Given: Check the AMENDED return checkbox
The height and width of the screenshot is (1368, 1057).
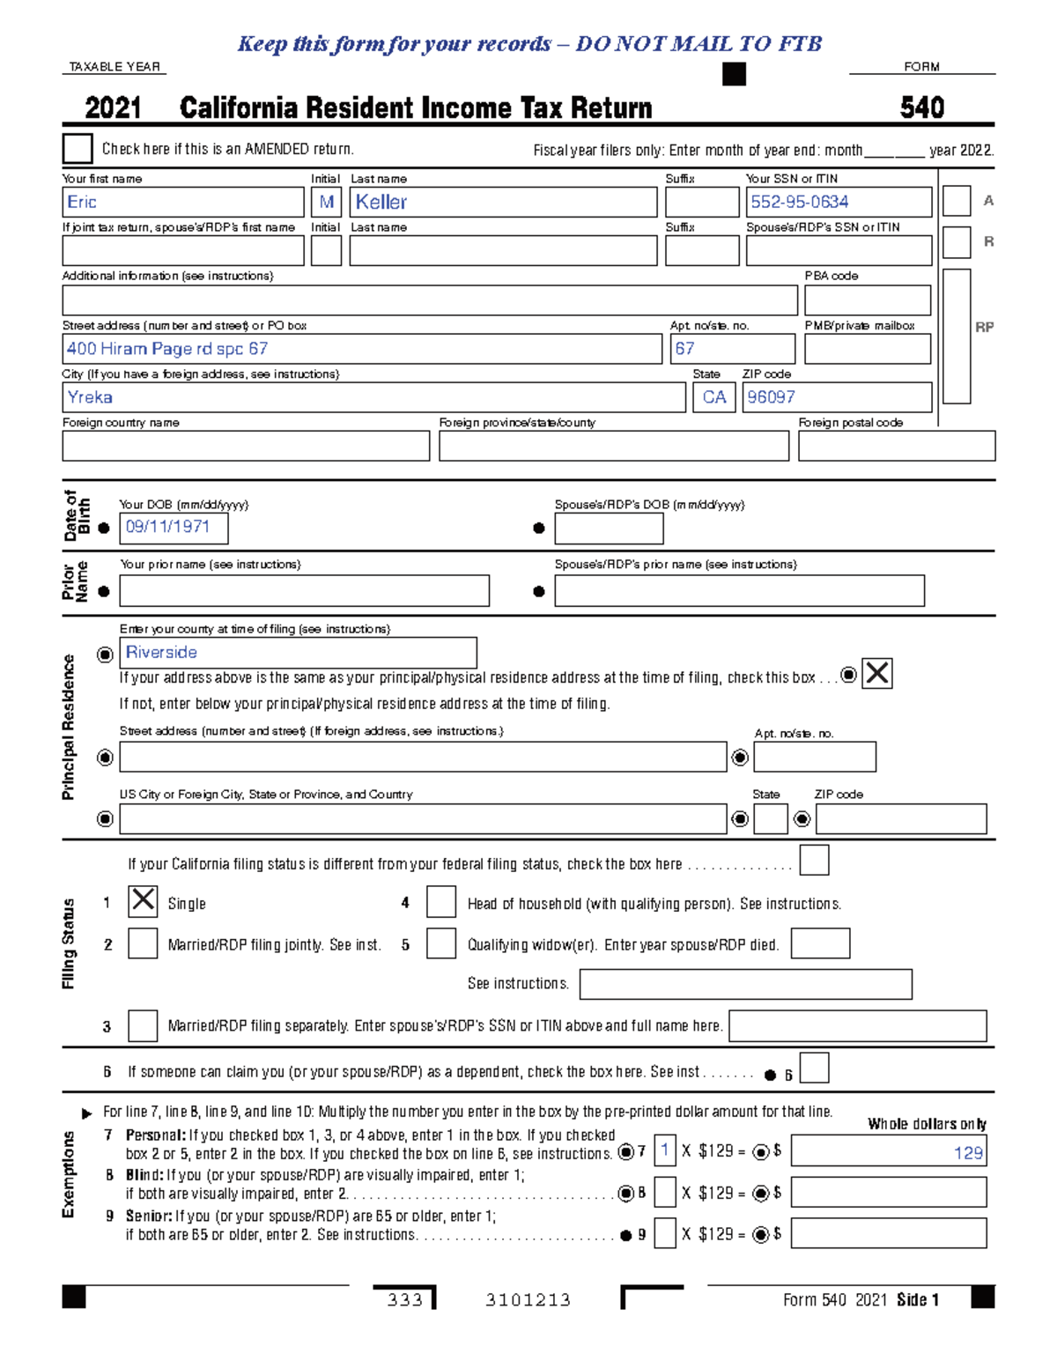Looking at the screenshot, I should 78,149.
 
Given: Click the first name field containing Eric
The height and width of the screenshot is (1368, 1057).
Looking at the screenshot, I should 182,202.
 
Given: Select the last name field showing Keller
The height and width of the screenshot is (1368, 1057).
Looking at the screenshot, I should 503,202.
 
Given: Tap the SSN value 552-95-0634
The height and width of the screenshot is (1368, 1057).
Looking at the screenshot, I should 838,202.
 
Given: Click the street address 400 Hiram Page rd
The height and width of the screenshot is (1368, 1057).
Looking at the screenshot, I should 361,349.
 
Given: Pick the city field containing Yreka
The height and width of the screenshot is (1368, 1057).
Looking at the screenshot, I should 373,397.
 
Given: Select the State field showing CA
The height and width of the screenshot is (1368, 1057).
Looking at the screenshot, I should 714,397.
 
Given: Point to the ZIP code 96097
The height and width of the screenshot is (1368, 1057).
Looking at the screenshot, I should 837,397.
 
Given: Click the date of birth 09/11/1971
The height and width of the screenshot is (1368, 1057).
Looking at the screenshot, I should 174,528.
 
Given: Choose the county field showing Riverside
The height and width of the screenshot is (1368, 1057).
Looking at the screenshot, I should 298,653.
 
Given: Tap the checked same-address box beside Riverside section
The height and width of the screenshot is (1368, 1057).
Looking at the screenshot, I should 876,674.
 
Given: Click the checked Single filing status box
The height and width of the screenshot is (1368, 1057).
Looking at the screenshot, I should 143,901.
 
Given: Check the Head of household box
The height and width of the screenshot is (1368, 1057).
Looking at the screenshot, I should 441,902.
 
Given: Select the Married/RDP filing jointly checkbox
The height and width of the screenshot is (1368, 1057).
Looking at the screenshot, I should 143,943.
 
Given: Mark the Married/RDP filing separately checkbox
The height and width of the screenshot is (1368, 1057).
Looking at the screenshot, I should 143,1025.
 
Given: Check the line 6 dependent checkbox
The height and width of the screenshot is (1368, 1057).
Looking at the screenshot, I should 814,1069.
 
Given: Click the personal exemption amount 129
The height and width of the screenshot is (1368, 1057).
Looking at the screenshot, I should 888,1152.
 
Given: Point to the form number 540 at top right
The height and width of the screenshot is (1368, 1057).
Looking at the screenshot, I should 922,107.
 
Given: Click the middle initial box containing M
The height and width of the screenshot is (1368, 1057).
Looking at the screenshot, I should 326,202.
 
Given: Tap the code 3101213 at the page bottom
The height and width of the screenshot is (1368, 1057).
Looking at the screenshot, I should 528,1300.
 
